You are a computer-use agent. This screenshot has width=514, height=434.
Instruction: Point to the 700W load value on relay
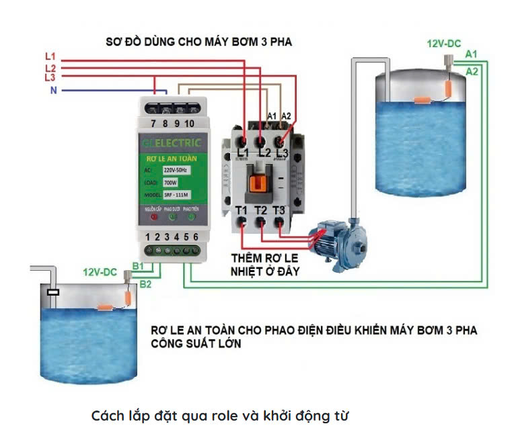[171, 182]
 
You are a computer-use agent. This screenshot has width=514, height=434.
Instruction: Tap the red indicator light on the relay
[154, 216]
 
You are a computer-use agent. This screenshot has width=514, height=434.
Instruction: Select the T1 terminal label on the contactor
[242, 210]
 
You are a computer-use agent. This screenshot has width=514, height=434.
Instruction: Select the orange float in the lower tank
[108, 308]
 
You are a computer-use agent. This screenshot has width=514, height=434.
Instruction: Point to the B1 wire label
[137, 267]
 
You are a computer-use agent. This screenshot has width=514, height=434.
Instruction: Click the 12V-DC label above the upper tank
[444, 44]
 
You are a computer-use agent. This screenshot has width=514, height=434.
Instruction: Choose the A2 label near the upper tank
[472, 71]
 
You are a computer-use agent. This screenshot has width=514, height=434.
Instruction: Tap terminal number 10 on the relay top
[189, 124]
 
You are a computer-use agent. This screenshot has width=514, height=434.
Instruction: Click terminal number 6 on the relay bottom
[195, 237]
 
